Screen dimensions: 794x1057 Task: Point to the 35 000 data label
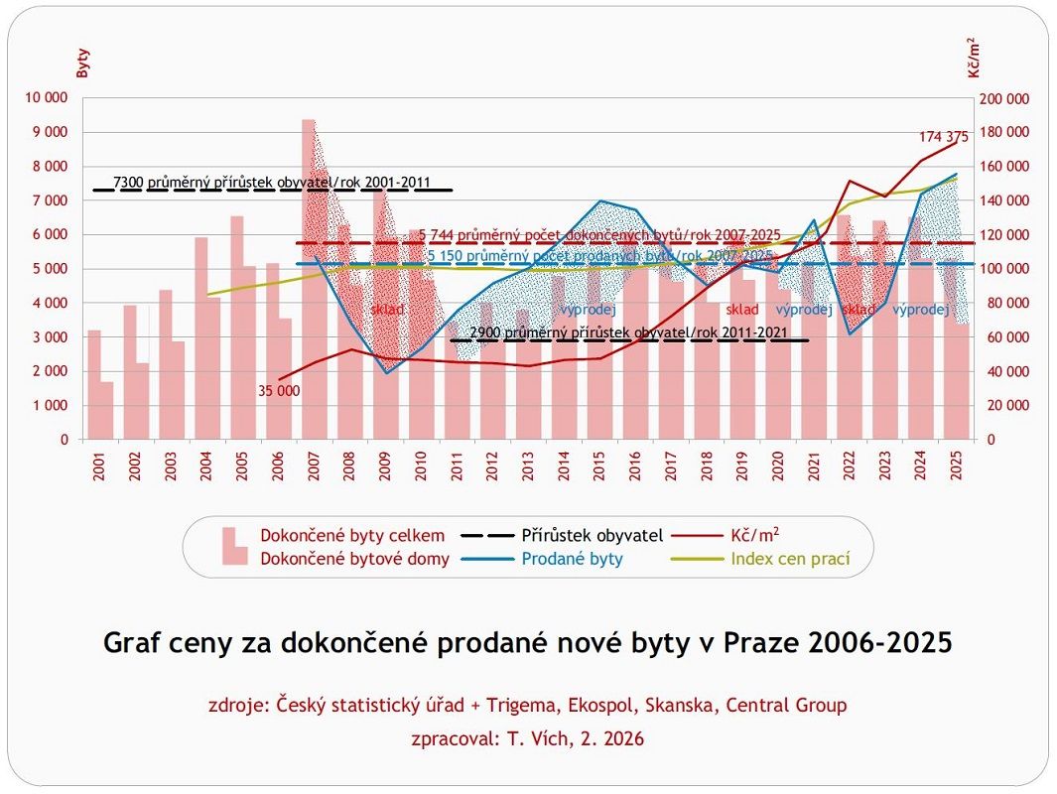(x=279, y=391)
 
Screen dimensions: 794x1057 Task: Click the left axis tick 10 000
(x=48, y=98)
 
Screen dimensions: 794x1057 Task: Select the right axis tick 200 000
(x=1004, y=98)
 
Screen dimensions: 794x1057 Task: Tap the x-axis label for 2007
(x=313, y=467)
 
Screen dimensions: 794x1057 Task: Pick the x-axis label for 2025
(x=955, y=467)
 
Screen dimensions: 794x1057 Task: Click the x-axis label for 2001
(x=98, y=467)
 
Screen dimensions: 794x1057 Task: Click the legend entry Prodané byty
(x=572, y=559)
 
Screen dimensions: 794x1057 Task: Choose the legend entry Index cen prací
(x=790, y=559)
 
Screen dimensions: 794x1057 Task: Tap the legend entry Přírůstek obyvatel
(x=592, y=536)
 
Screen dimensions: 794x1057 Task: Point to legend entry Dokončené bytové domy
(x=354, y=559)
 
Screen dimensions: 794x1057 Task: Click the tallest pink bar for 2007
(x=309, y=278)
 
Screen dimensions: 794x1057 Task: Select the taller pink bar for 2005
(x=236, y=328)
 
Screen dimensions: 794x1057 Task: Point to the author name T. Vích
(x=536, y=738)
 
